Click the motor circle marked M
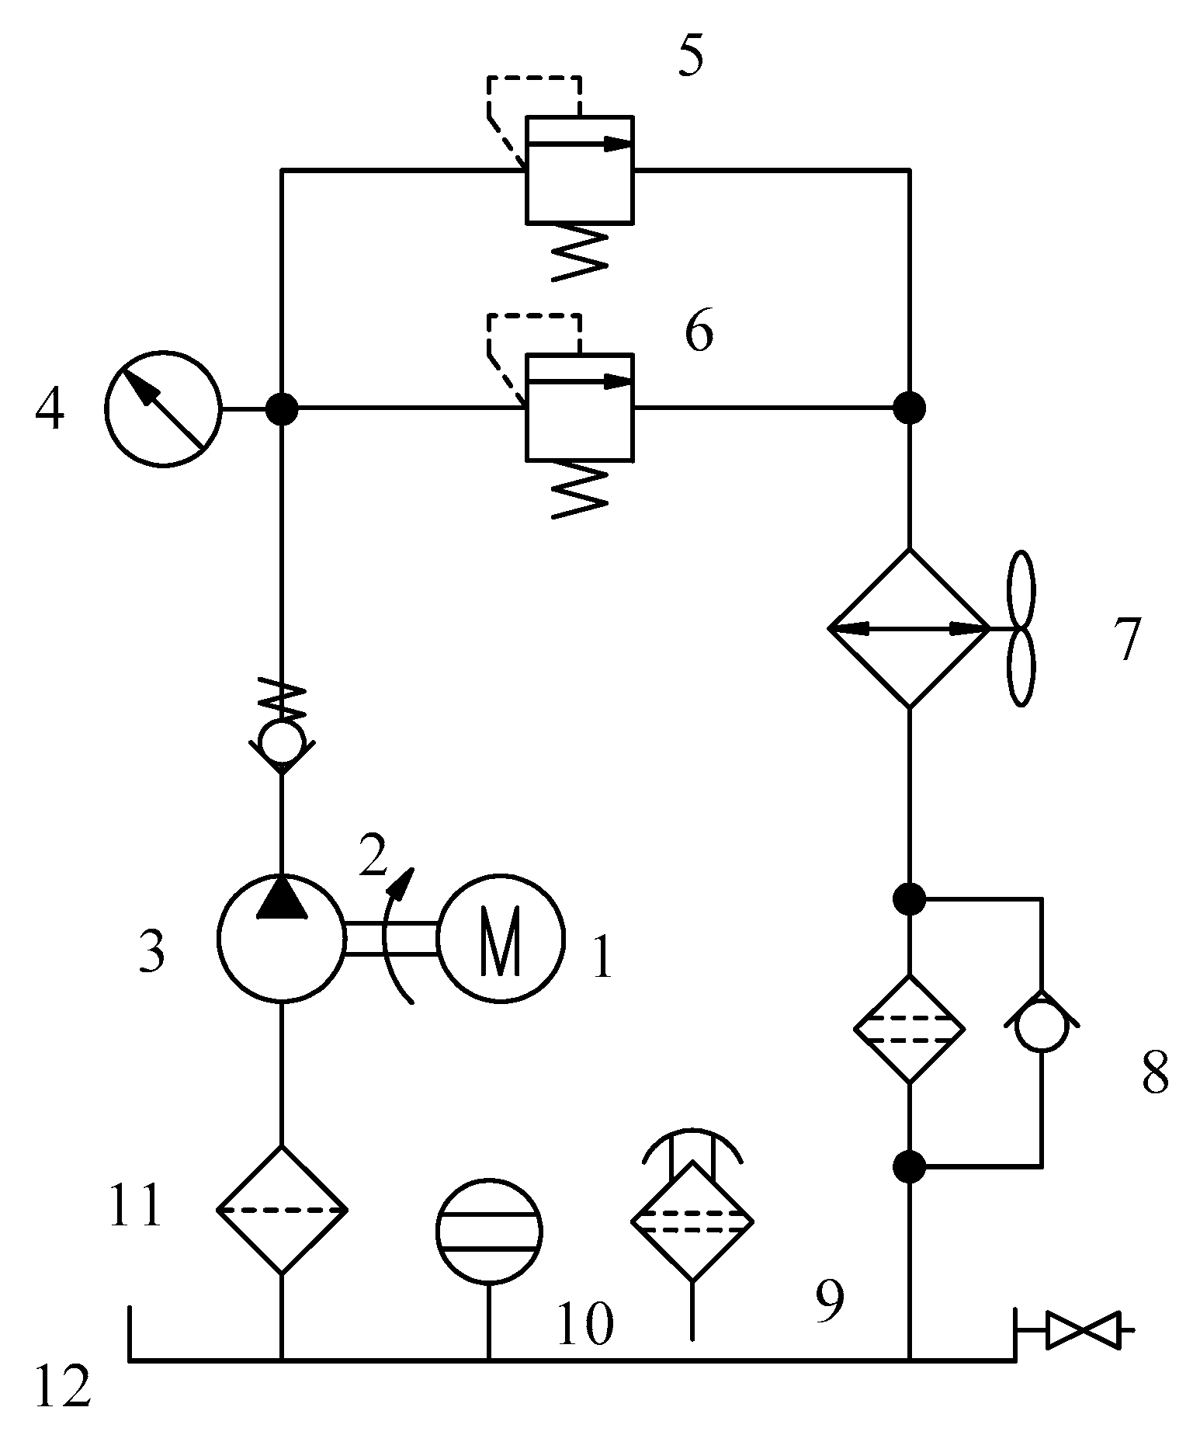(501, 938)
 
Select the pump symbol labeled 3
(281, 938)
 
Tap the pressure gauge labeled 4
(163, 408)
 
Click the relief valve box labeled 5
(580, 169)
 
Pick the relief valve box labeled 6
(580, 408)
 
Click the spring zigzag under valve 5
(580, 252)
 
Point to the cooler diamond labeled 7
(909, 628)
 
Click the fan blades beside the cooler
(1021, 628)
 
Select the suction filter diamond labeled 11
(281, 1211)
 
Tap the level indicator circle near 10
(489, 1232)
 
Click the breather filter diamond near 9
(692, 1222)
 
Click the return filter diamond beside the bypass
(909, 1030)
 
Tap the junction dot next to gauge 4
(281, 408)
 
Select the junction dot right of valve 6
(909, 407)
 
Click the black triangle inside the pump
(281, 898)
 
